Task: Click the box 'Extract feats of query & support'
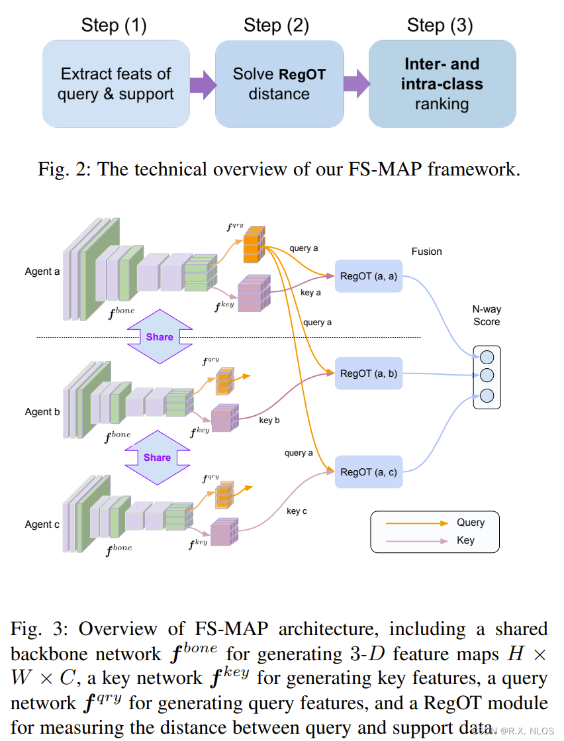pyautogui.click(x=116, y=84)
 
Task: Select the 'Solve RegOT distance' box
pyautogui.click(x=279, y=84)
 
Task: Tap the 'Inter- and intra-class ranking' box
pyautogui.click(x=442, y=84)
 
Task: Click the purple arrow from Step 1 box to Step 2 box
pyautogui.click(x=203, y=84)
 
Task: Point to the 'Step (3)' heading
pyautogui.click(x=440, y=26)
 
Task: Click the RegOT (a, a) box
pyautogui.click(x=369, y=276)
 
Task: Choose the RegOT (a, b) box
pyautogui.click(x=369, y=373)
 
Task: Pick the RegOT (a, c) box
pyautogui.click(x=369, y=472)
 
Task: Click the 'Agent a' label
pyautogui.click(x=42, y=272)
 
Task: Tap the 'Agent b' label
pyautogui.click(x=42, y=412)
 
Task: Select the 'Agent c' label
pyautogui.click(x=42, y=524)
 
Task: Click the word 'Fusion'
pyautogui.click(x=426, y=252)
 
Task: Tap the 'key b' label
pyautogui.click(x=269, y=420)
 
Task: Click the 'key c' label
pyautogui.click(x=297, y=511)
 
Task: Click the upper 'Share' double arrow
pyautogui.click(x=159, y=337)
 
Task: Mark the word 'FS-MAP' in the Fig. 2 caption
pyautogui.click(x=386, y=169)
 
